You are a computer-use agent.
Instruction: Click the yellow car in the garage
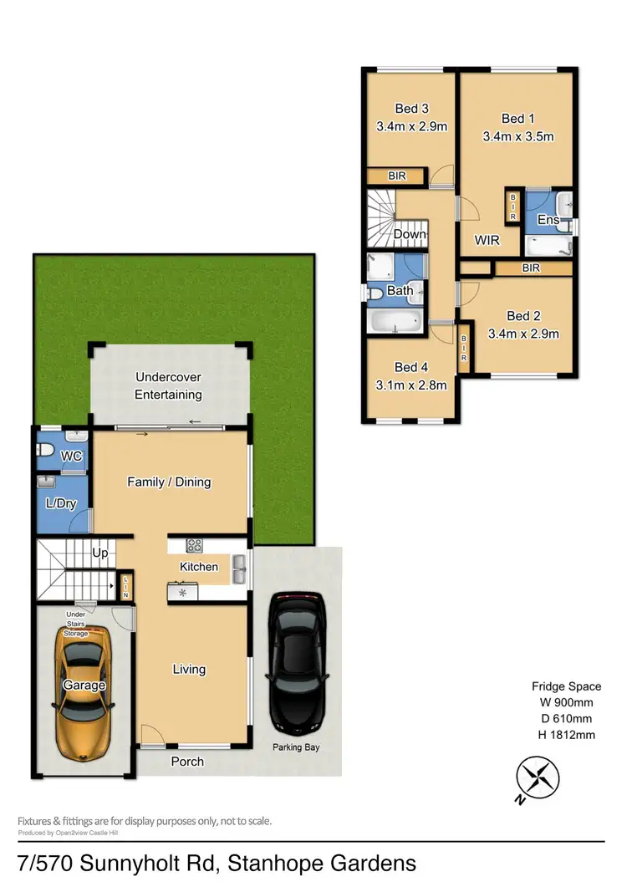point(84,687)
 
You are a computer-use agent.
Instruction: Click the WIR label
point(487,240)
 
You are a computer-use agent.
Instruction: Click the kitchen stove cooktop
point(194,546)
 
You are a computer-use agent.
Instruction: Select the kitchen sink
point(240,568)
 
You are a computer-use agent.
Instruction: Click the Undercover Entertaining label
point(169,386)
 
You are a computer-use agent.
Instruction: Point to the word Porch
point(187,762)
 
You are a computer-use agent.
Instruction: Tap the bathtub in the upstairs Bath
point(397,322)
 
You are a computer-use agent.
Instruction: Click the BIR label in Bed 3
point(396,176)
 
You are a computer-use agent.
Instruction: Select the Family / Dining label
point(169,482)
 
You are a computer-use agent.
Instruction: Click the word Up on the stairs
point(99,553)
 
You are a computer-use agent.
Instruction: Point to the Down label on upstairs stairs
point(410,234)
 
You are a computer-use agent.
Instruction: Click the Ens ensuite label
point(548,220)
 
